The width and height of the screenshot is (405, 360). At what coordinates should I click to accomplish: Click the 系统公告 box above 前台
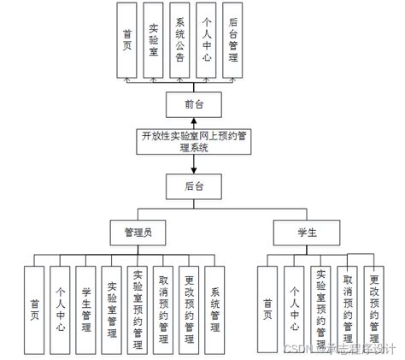(x=180, y=39)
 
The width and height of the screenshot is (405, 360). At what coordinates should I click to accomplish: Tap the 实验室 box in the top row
(x=154, y=39)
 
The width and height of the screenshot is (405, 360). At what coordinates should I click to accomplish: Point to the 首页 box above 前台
(x=127, y=39)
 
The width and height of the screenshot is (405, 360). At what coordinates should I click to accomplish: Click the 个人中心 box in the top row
(x=207, y=39)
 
